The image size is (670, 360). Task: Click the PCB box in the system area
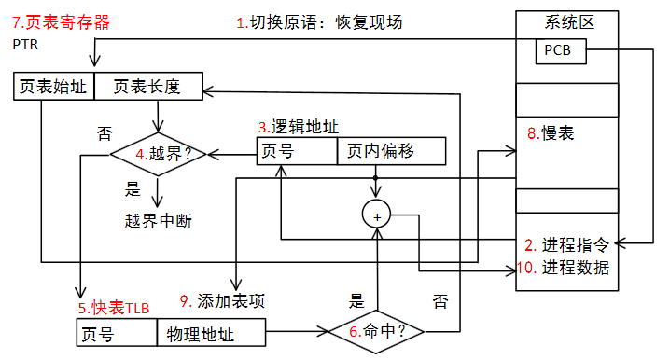point(561,51)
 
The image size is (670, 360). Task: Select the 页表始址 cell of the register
point(53,87)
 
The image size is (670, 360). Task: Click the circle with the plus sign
point(378,215)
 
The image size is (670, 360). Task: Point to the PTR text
point(26,43)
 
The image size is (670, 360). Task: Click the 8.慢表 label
point(551,133)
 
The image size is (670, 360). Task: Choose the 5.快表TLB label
point(114,306)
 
